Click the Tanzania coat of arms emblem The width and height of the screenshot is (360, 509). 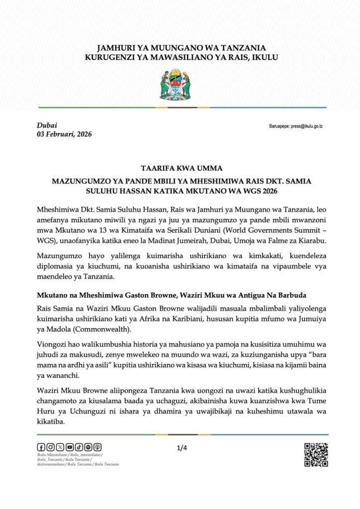pyautogui.click(x=180, y=85)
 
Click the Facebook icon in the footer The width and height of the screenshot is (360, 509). pyautogui.click(x=41, y=447)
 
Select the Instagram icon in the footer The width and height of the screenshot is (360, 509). pyautogui.click(x=50, y=447)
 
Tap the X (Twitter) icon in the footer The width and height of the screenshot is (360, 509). pyautogui.click(x=60, y=447)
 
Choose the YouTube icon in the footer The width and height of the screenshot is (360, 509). pyautogui.click(x=69, y=447)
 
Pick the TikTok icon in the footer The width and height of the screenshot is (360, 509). pyautogui.click(x=79, y=447)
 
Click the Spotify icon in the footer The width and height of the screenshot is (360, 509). pyautogui.click(x=89, y=447)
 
